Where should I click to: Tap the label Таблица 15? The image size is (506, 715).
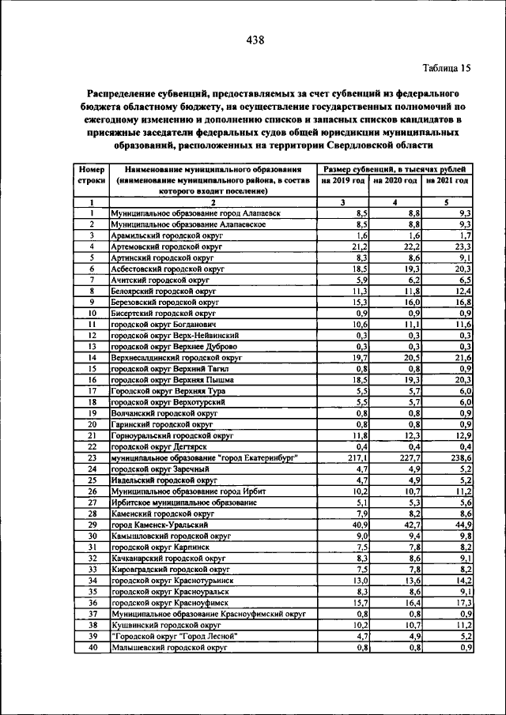click(x=445, y=68)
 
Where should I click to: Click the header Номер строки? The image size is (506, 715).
click(x=93, y=175)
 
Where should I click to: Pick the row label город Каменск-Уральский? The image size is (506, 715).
click(x=160, y=524)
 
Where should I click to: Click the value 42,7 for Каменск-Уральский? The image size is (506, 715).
click(x=410, y=524)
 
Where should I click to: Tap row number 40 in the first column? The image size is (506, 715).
click(x=93, y=646)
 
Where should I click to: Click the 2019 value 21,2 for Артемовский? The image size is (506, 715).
click(x=360, y=246)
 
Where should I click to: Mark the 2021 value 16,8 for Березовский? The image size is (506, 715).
click(x=462, y=302)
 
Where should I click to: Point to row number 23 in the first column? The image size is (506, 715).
click(x=93, y=457)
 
